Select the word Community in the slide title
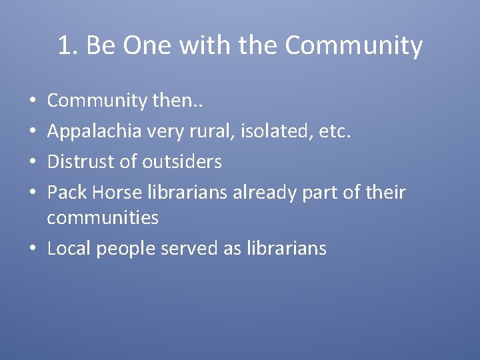(x=353, y=46)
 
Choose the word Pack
(x=67, y=193)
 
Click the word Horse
(x=114, y=193)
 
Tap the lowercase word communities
(x=103, y=218)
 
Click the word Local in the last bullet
(x=69, y=249)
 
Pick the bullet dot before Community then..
(x=33, y=101)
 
